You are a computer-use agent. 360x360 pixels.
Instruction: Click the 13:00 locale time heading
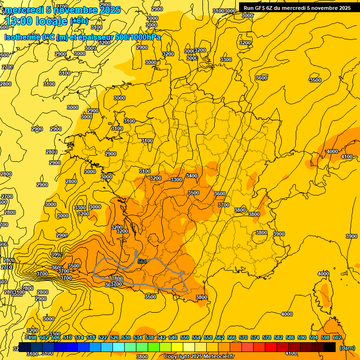coord(36,21)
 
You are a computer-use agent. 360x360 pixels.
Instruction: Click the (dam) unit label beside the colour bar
coord(347,348)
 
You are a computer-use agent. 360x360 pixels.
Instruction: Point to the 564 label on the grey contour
coord(142,261)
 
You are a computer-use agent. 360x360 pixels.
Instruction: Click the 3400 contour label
coord(191,176)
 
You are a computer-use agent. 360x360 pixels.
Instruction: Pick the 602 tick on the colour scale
coord(337,337)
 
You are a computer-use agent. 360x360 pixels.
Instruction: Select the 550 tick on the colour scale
coord(185,337)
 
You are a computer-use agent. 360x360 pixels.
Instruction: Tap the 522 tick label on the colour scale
coord(103,337)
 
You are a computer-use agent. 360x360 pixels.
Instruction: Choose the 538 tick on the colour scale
coord(150,337)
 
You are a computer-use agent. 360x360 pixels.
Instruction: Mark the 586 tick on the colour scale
coord(290,337)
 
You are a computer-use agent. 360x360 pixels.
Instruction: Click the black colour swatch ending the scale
coord(330,347)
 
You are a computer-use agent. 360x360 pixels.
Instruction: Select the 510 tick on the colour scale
coord(67,337)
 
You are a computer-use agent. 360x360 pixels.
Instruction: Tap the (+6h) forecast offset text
coord(78,21)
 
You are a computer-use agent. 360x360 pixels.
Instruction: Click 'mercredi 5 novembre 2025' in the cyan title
coord(62,10)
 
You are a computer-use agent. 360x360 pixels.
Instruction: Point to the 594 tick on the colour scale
coord(314,337)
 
